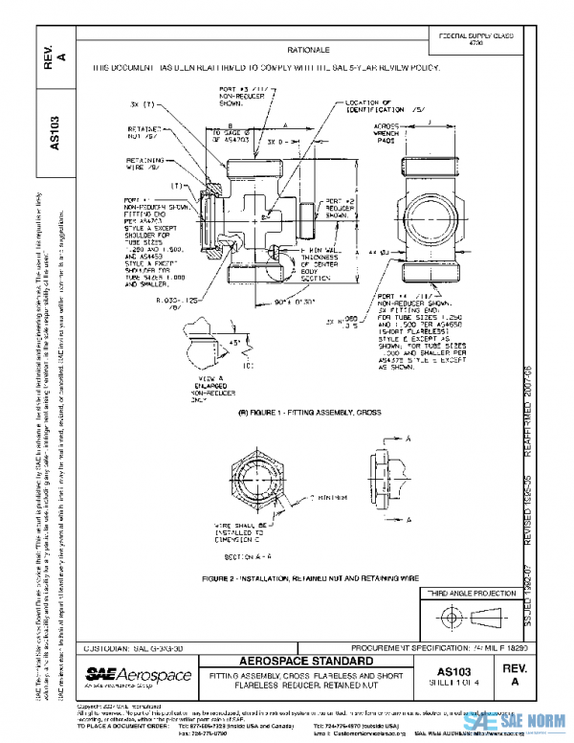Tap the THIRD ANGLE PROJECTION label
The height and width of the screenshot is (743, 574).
tap(475, 594)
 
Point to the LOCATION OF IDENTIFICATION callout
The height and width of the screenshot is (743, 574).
tap(372, 106)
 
